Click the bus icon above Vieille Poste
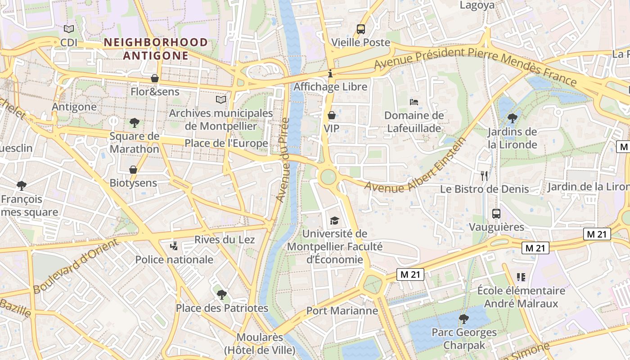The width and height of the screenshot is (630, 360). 361,29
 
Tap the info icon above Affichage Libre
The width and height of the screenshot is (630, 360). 330,73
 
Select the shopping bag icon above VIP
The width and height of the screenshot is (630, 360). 332,115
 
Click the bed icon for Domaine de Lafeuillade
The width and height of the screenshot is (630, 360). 414,102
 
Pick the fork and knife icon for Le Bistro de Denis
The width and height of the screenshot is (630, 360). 484,175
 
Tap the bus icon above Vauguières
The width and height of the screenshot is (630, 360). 496,214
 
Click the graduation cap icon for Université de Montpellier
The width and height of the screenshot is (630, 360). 334,220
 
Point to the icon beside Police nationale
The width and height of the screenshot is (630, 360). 174,246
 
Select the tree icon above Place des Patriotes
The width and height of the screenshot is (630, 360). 221,295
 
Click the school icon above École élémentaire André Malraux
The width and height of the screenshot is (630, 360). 521,277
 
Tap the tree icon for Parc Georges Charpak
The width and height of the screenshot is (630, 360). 464,319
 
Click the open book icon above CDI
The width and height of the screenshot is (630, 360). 69,29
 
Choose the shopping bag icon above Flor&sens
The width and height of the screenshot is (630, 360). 155,78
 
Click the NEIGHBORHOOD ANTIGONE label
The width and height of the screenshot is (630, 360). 156,49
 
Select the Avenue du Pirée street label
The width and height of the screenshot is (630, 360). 282,160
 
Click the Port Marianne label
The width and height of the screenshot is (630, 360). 342,311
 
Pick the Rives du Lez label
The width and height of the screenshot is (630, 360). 225,240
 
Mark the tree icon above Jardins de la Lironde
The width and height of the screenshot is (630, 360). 512,118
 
